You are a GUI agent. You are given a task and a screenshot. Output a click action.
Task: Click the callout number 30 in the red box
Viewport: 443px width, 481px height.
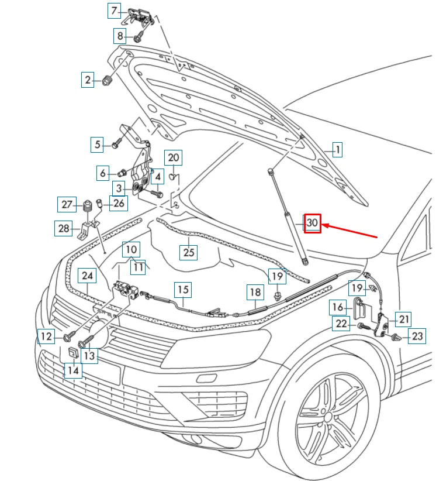coord(312,223)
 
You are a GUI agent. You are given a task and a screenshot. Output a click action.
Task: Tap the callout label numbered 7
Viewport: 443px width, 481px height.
coord(115,11)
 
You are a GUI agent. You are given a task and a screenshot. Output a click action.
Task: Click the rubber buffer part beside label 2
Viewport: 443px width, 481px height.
coord(107,80)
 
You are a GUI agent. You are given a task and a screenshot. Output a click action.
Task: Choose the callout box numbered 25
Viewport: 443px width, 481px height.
coord(188,252)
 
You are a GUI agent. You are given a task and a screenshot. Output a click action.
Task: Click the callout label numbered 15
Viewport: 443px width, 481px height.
coord(184,288)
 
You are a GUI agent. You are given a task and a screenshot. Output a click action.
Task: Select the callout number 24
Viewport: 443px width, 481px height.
coord(87,275)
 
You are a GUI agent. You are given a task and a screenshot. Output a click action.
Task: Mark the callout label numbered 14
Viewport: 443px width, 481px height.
coord(72,370)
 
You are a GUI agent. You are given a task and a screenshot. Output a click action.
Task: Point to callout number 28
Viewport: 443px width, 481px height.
coord(63,228)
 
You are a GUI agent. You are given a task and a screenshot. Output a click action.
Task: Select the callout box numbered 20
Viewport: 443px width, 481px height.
coord(174,157)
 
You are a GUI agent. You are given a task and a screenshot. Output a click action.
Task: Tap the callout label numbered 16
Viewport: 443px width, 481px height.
coord(338,307)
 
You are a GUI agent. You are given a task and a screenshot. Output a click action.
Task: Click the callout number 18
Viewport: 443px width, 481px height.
coord(255,292)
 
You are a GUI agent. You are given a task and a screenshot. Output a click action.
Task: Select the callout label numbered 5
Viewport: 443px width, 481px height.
coord(97,144)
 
